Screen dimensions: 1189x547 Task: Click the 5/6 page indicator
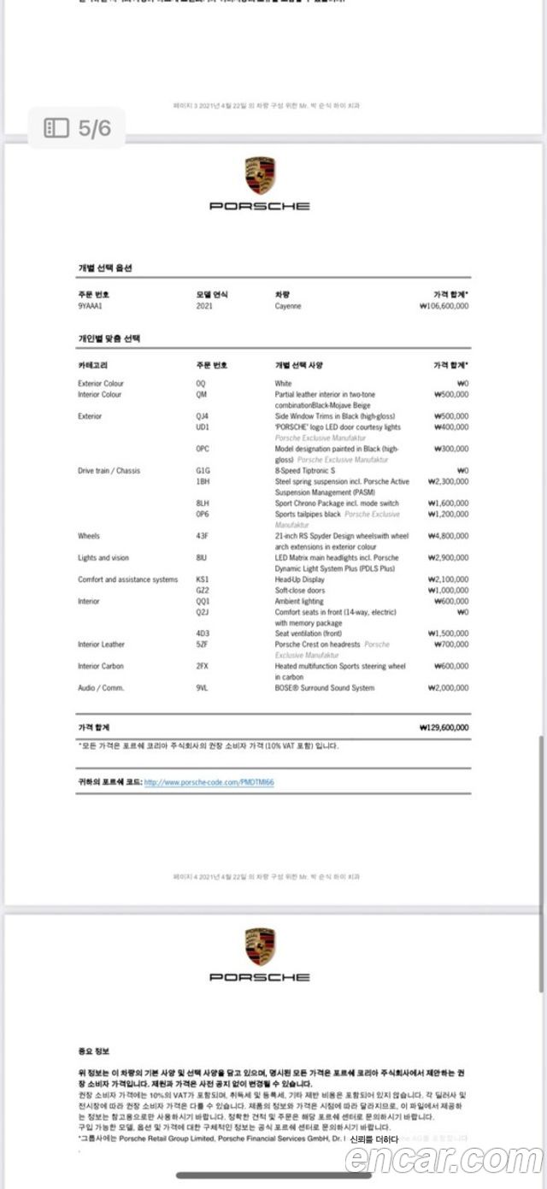click(x=78, y=128)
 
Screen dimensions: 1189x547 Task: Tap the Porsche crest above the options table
click(x=259, y=175)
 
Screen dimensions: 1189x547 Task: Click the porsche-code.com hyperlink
click(x=209, y=782)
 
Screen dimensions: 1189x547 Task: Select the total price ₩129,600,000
click(x=444, y=728)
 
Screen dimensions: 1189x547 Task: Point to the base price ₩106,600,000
click(x=444, y=306)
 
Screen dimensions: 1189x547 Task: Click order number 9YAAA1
click(x=90, y=306)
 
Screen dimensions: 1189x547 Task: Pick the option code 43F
click(x=202, y=536)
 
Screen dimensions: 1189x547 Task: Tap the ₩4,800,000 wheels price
click(x=446, y=536)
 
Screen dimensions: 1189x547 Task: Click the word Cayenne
click(x=288, y=306)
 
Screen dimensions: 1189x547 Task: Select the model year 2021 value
click(x=204, y=306)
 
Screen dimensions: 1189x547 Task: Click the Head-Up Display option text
click(x=300, y=580)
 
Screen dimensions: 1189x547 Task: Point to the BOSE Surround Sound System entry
click(x=324, y=688)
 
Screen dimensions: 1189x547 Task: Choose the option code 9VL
click(x=202, y=688)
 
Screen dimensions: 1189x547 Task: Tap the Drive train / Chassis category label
click(x=109, y=471)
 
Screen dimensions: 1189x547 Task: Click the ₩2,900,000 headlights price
click(x=446, y=558)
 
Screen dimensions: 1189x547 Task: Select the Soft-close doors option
click(x=299, y=591)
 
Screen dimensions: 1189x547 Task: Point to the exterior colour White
click(x=283, y=384)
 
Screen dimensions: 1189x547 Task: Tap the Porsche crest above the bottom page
click(x=259, y=946)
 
